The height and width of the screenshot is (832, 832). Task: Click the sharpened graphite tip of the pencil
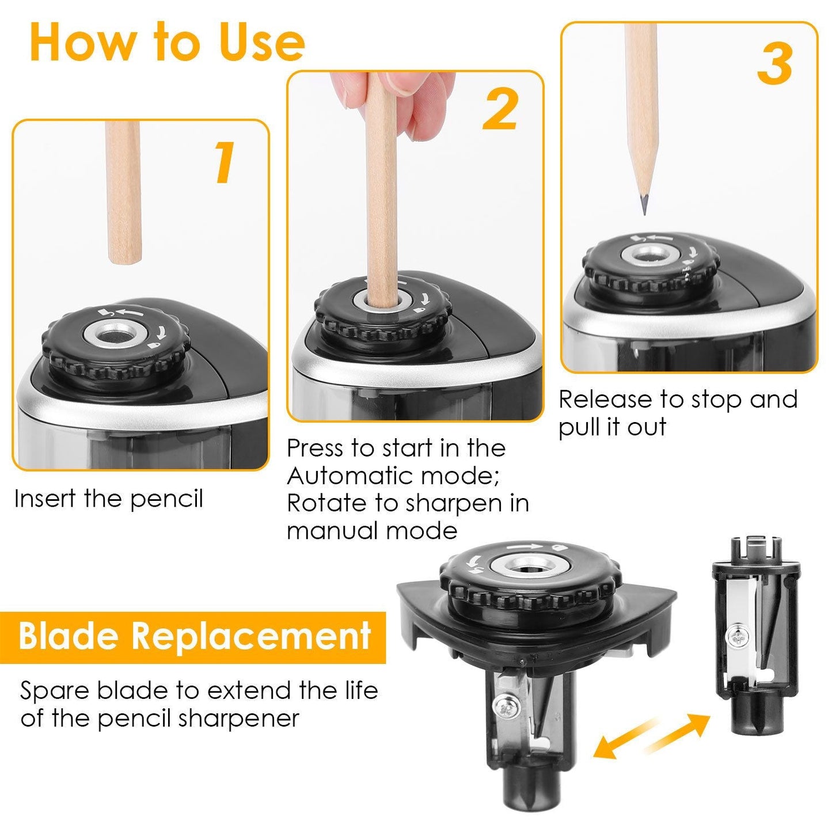tap(644, 205)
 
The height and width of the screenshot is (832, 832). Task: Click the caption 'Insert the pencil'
tap(109, 499)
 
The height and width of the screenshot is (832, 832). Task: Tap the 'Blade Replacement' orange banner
tap(193, 637)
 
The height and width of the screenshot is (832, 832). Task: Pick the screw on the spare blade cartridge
tap(736, 636)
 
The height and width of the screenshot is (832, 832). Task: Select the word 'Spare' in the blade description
tap(55, 690)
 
